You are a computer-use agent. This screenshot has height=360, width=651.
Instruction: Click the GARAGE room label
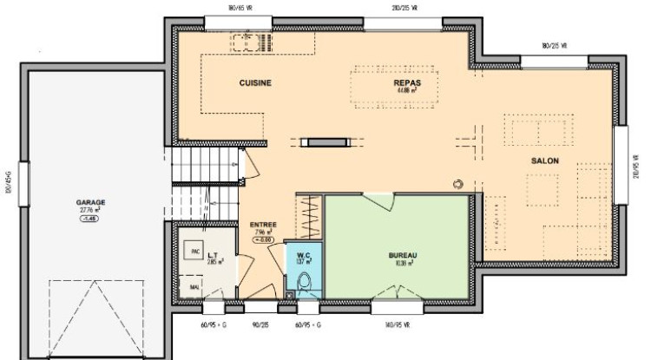pos(90,201)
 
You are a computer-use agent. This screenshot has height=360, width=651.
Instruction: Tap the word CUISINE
pos(255,82)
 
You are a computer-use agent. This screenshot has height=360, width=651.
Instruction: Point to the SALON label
pos(545,161)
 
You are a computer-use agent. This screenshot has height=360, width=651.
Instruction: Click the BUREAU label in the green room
pos(403,255)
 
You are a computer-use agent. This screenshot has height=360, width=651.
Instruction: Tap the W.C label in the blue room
pos(304,254)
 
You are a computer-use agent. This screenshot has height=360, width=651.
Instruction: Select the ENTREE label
pos(263,225)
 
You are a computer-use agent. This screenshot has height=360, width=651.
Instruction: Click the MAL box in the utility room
pos(191,286)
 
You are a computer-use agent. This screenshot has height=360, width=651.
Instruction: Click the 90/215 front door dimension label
pos(259,325)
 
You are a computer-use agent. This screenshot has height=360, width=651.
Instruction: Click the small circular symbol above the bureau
pos(457,182)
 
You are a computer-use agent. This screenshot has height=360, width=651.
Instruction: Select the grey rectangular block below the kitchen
pos(323,140)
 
